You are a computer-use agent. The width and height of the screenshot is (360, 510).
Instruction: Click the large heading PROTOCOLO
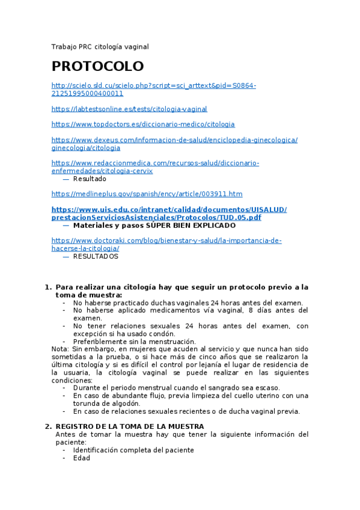click(x=97, y=66)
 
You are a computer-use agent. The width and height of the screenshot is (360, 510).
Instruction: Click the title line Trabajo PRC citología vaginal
click(x=100, y=46)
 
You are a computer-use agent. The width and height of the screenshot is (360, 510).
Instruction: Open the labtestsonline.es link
click(x=129, y=109)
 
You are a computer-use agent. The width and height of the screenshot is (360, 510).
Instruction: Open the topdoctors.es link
click(x=143, y=124)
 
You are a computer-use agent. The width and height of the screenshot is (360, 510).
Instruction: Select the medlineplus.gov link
click(x=147, y=194)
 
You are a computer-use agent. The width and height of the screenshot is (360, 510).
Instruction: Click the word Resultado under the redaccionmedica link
click(x=90, y=179)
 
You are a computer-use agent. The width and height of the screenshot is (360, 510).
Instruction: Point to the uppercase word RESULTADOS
click(x=96, y=256)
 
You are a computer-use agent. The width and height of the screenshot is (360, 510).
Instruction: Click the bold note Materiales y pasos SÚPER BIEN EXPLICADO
click(x=154, y=226)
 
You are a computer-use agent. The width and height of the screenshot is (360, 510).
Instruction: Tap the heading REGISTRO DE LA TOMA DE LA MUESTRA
click(x=130, y=426)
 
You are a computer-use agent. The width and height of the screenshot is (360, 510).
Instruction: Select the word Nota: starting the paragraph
click(x=60, y=349)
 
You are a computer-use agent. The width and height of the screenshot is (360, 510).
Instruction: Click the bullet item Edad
click(x=81, y=458)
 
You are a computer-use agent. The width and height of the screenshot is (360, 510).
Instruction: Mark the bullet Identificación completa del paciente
click(x=133, y=450)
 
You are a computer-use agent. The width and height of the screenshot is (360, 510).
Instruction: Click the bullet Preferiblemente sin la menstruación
click(x=134, y=342)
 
